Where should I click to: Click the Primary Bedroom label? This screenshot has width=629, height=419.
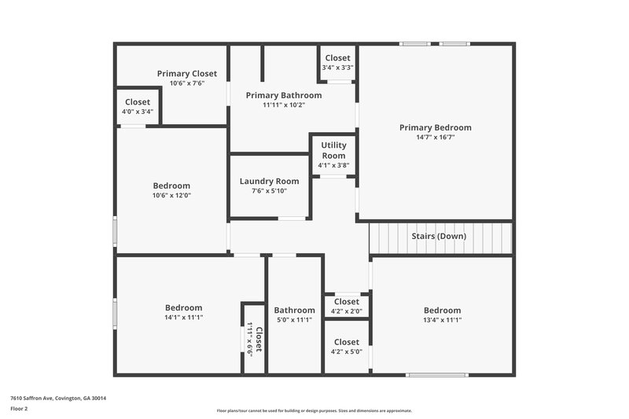[x=435, y=127]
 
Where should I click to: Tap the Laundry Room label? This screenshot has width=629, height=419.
[x=269, y=182]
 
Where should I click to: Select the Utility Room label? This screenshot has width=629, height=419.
[x=333, y=150]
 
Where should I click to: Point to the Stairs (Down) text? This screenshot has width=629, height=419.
[x=438, y=236]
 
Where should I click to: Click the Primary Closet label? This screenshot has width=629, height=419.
[x=186, y=74]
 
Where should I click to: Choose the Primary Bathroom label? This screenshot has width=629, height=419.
[x=284, y=95]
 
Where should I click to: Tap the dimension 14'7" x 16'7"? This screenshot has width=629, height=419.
[x=435, y=137]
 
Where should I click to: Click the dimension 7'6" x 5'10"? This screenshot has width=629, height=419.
[x=269, y=191]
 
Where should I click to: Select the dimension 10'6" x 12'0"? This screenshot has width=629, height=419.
[x=171, y=196]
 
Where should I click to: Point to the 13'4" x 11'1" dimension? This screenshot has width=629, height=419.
[x=442, y=320]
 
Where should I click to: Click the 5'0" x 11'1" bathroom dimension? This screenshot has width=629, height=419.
[x=294, y=320]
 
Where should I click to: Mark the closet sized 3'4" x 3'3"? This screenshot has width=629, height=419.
[x=337, y=63]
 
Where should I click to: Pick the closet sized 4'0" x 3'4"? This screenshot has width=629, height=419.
[x=138, y=107]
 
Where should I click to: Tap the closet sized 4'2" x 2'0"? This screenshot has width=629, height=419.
[x=346, y=307]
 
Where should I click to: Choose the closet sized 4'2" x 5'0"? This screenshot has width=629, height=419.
[x=346, y=347]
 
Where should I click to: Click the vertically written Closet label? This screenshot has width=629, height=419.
[x=258, y=338]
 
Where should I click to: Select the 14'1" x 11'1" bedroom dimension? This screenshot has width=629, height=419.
[x=183, y=318]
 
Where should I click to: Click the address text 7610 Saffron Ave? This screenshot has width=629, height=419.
[x=58, y=399]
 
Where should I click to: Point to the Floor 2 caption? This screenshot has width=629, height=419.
[x=20, y=409]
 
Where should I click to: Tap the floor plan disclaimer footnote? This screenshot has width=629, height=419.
[x=314, y=410]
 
